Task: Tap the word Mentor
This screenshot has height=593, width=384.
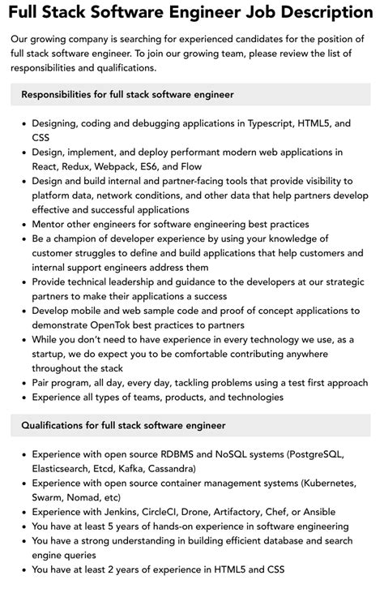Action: [x=49, y=224]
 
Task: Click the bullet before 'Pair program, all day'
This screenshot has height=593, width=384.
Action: [x=23, y=383]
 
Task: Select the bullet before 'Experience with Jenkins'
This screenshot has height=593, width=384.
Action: [x=23, y=512]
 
